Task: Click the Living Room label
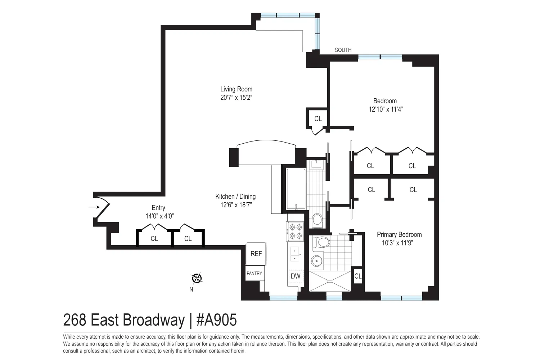pyautogui.click(x=236, y=89)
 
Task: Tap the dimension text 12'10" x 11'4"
pyautogui.click(x=386, y=109)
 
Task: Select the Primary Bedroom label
pyautogui.click(x=399, y=234)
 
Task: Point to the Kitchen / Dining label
pyautogui.click(x=235, y=197)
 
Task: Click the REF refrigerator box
pyautogui.click(x=256, y=254)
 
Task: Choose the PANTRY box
pyautogui.click(x=255, y=273)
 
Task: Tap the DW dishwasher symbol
pyautogui.click(x=295, y=276)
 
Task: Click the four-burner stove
pyautogui.click(x=295, y=231)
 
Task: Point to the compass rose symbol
pyautogui.click(x=197, y=279)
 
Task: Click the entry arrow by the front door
pyautogui.click(x=94, y=207)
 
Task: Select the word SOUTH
pyautogui.click(x=343, y=50)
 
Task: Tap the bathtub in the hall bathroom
pyautogui.click(x=296, y=189)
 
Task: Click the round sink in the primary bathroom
pyautogui.click(x=316, y=261)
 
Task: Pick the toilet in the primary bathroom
pyautogui.click(x=321, y=242)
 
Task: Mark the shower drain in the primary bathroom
pyautogui.click(x=330, y=281)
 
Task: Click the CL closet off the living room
pyautogui.click(x=318, y=119)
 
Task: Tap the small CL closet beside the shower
pyautogui.click(x=358, y=276)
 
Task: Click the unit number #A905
pyautogui.click(x=216, y=320)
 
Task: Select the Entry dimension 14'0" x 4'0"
pyautogui.click(x=159, y=216)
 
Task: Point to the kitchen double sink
pyautogui.click(x=295, y=254)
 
